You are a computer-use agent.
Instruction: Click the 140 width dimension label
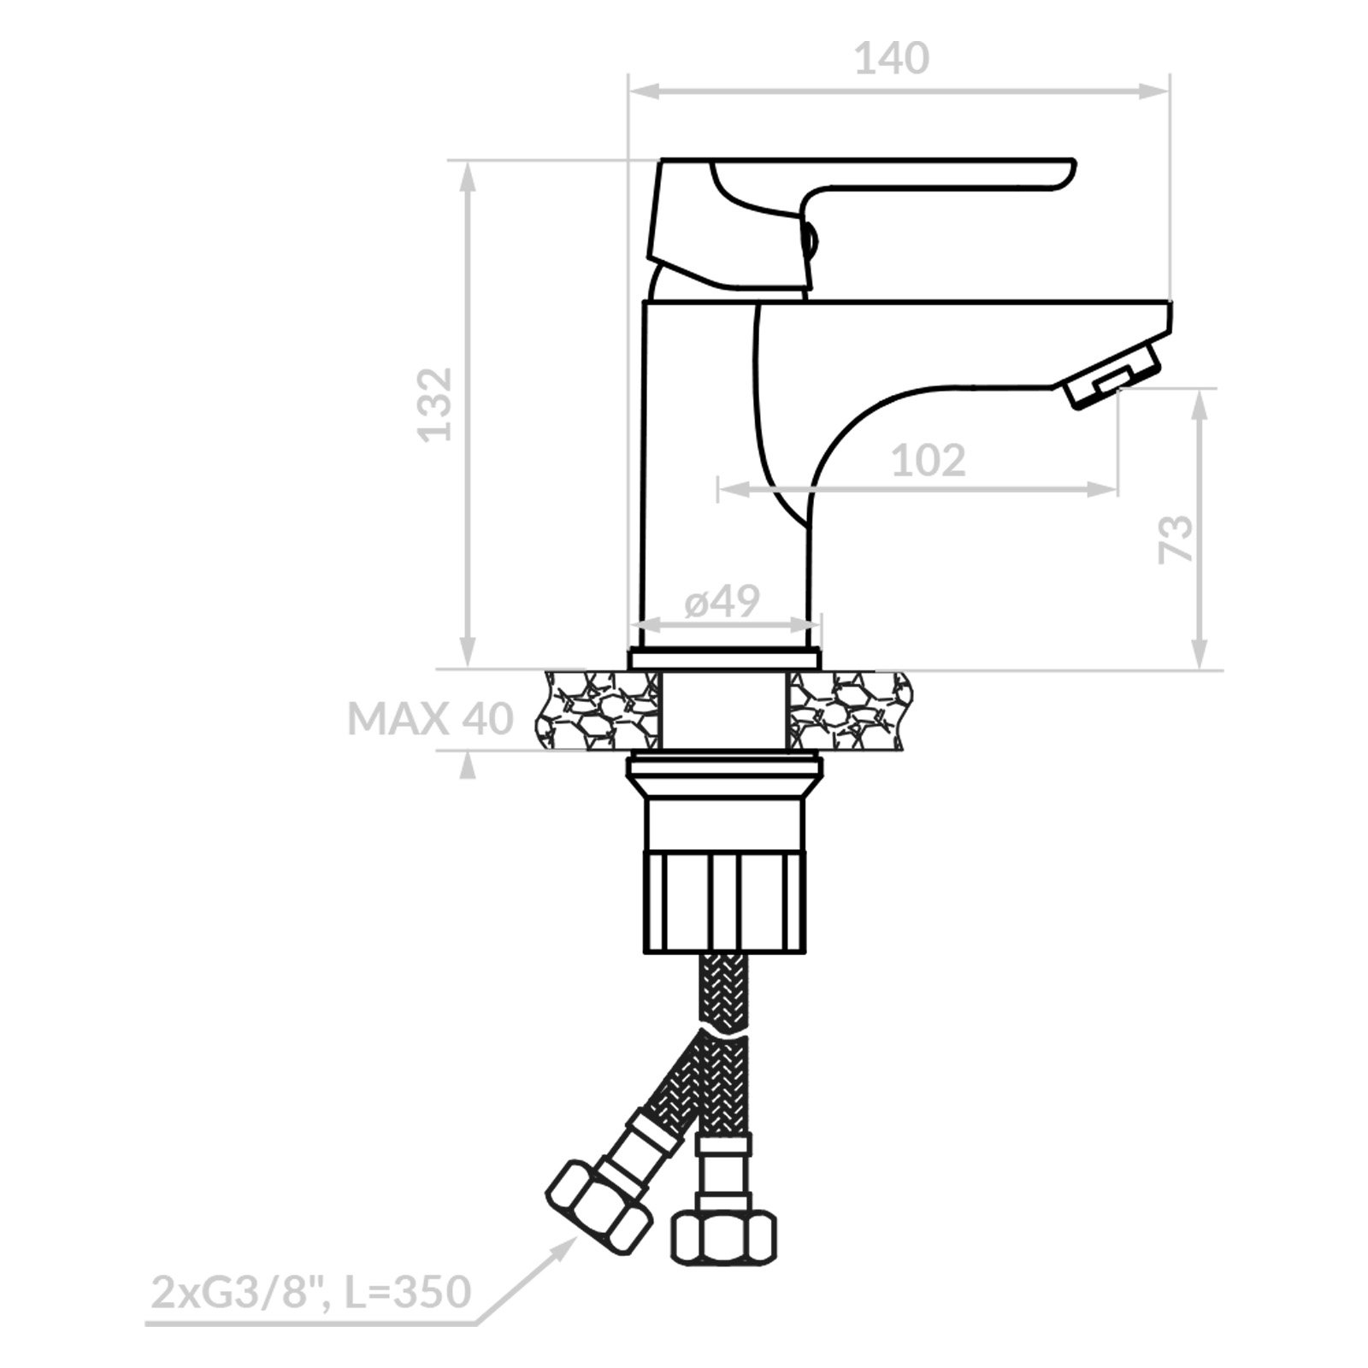(892, 59)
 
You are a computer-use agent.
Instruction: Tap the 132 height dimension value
(435, 404)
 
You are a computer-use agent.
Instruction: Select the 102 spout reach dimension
(929, 461)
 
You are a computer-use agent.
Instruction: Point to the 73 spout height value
(1176, 539)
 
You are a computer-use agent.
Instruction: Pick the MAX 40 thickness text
(430, 719)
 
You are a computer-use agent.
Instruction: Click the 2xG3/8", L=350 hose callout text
(310, 1291)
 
